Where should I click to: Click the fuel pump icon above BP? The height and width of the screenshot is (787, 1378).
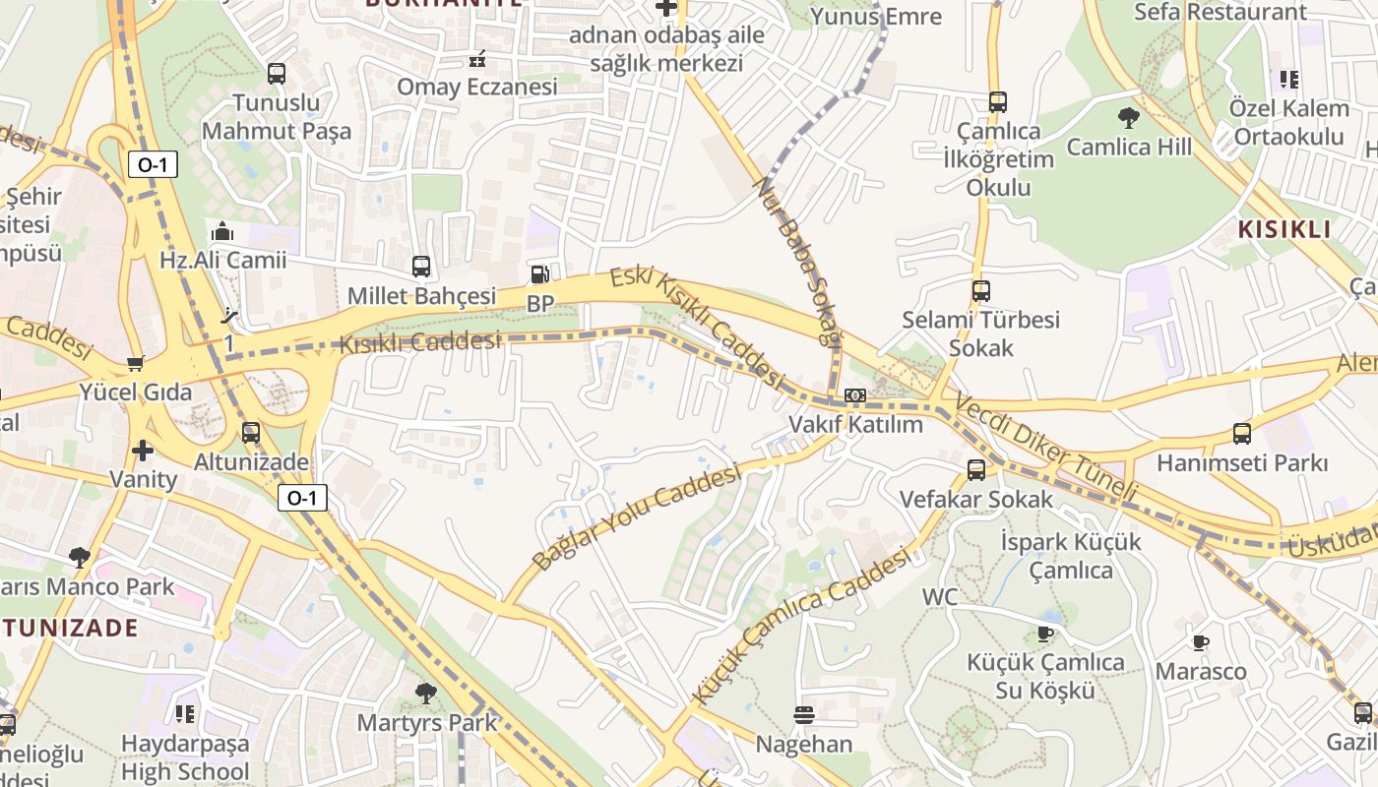(539, 274)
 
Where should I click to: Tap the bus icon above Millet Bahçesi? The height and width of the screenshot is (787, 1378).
(421, 266)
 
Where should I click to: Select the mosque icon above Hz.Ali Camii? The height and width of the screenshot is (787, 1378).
(222, 232)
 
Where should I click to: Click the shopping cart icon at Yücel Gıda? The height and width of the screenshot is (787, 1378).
(136, 364)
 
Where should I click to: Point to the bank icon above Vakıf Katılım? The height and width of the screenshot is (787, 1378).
(854, 395)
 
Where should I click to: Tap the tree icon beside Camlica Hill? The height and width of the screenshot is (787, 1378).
(1129, 118)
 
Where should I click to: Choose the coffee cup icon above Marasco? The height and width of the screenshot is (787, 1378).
(1200, 643)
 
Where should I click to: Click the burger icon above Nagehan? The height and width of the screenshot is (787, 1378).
(804, 715)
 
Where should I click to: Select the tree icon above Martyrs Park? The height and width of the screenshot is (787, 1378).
(426, 694)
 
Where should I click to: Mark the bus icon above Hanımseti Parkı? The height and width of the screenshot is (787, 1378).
(1242, 434)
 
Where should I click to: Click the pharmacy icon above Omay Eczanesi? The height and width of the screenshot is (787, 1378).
(477, 59)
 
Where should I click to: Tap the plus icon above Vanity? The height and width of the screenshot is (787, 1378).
(143, 451)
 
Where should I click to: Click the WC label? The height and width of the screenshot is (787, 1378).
(940, 597)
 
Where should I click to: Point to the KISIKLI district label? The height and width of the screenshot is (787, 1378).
(1284, 230)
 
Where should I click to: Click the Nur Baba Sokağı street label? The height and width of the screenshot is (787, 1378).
(798, 261)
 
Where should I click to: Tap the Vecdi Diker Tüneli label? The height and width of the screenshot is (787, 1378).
(1044, 450)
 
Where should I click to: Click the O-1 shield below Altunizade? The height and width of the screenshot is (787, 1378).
(301, 498)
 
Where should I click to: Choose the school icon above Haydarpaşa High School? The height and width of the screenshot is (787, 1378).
(184, 713)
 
